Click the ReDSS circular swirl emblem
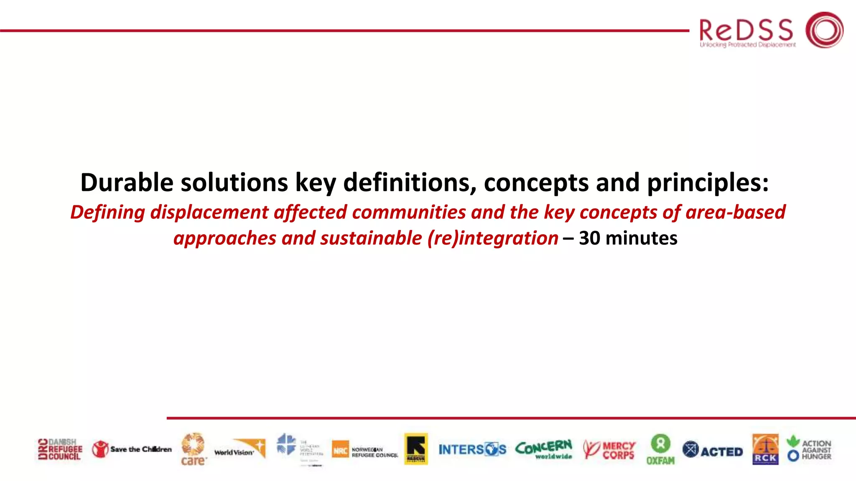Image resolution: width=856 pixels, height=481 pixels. pos(824,30)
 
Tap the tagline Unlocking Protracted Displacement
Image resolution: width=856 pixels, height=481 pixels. pos(748,45)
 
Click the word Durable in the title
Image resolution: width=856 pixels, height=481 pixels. pos(127,183)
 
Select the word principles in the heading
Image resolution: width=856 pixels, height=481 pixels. pos(707,183)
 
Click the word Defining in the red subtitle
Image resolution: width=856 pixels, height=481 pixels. pos(107,212)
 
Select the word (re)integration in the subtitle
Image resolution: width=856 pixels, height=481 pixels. pos(492,238)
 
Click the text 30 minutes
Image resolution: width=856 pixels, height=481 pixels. pos(628,238)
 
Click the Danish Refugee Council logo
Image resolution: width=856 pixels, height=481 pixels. pos(60,449)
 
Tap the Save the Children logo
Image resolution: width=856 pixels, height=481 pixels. pos(132,449)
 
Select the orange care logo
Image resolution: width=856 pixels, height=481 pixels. pos(193,449)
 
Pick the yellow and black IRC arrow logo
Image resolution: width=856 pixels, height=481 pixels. pos(416,449)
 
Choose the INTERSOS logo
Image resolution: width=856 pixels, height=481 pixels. pos(472,450)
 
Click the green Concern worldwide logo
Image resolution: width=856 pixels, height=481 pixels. pos(544,449)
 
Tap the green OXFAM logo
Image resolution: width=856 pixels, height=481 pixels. pos(660,449)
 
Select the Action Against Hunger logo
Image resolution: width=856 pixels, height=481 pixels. pos(809,449)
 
